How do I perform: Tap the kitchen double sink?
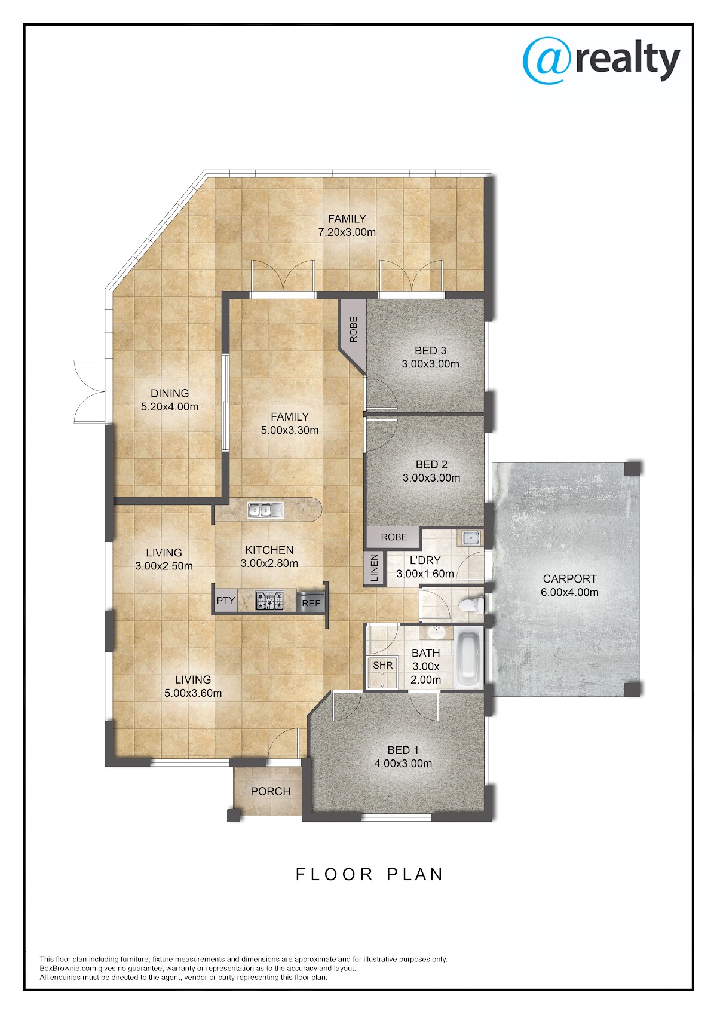coord(266,510)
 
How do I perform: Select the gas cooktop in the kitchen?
coord(270,601)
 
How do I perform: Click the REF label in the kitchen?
coord(311,603)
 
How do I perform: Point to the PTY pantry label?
coord(225,601)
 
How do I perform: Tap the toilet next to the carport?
coord(471,605)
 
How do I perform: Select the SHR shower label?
coord(382,666)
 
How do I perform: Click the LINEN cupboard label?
coord(375,568)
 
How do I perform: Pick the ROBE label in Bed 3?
coord(354,329)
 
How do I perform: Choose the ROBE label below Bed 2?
coord(394,537)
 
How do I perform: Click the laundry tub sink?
coord(473,538)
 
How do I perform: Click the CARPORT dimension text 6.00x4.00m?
coord(569,592)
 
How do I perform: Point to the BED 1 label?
coord(403,750)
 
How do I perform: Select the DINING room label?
coord(170,393)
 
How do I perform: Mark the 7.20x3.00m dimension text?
coord(347,232)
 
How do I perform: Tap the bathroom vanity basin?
coord(436,632)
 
